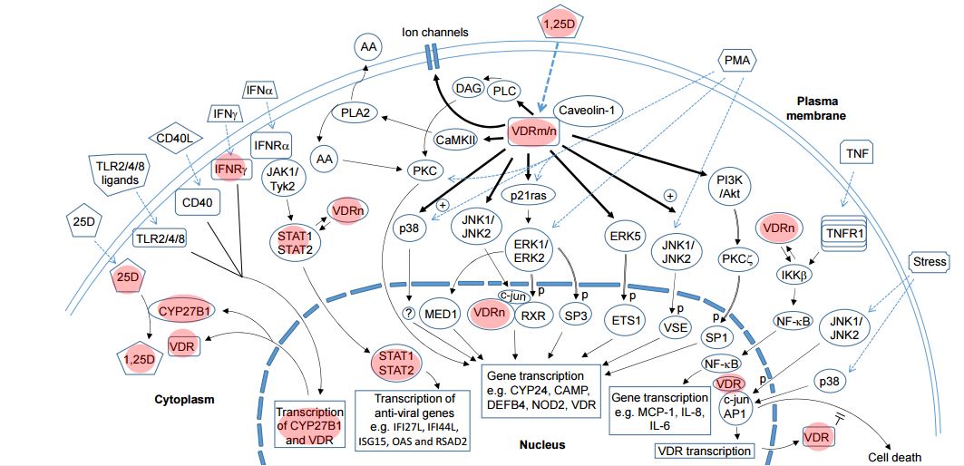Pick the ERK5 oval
point(624,235)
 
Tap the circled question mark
point(409,315)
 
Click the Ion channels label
point(435,33)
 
